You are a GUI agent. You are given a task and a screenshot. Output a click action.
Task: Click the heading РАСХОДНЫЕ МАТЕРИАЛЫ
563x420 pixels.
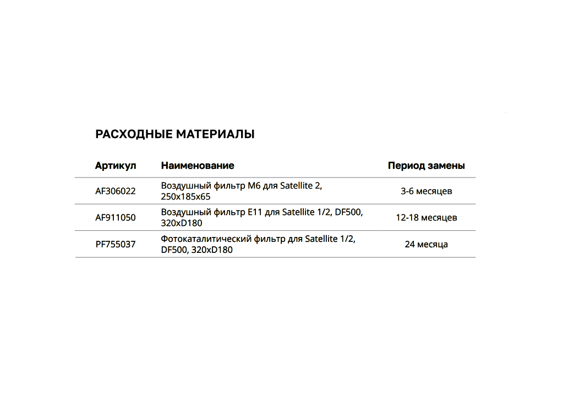pyautogui.click(x=175, y=134)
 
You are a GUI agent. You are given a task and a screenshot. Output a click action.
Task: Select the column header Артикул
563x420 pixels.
pyautogui.click(x=116, y=165)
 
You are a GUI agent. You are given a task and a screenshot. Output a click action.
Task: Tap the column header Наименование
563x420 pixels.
pyautogui.click(x=198, y=165)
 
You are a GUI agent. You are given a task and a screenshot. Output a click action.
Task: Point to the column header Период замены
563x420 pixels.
pyautogui.click(x=426, y=165)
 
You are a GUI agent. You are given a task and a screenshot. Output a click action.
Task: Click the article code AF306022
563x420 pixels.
pyautogui.click(x=116, y=191)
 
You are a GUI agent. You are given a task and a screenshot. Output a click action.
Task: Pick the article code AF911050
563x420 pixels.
pyautogui.click(x=116, y=218)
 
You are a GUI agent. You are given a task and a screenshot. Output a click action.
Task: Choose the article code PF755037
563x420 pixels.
pyautogui.click(x=116, y=244)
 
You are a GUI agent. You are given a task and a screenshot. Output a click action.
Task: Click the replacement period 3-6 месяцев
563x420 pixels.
pyautogui.click(x=426, y=191)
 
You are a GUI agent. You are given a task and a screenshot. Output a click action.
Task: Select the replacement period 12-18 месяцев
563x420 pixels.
pyautogui.click(x=426, y=218)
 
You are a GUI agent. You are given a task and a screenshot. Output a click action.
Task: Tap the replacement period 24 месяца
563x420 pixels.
pyautogui.click(x=426, y=244)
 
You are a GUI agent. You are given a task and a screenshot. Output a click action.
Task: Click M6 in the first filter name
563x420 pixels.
pyautogui.click(x=253, y=186)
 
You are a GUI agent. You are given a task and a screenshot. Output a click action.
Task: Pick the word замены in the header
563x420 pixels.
pyautogui.click(x=446, y=165)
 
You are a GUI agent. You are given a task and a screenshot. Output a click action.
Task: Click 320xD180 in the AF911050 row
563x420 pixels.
pyautogui.click(x=182, y=223)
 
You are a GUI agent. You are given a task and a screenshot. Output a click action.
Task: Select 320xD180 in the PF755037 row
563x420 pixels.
pyautogui.click(x=212, y=250)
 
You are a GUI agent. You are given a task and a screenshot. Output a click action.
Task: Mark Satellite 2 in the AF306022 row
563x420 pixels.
pyautogui.click(x=300, y=186)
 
